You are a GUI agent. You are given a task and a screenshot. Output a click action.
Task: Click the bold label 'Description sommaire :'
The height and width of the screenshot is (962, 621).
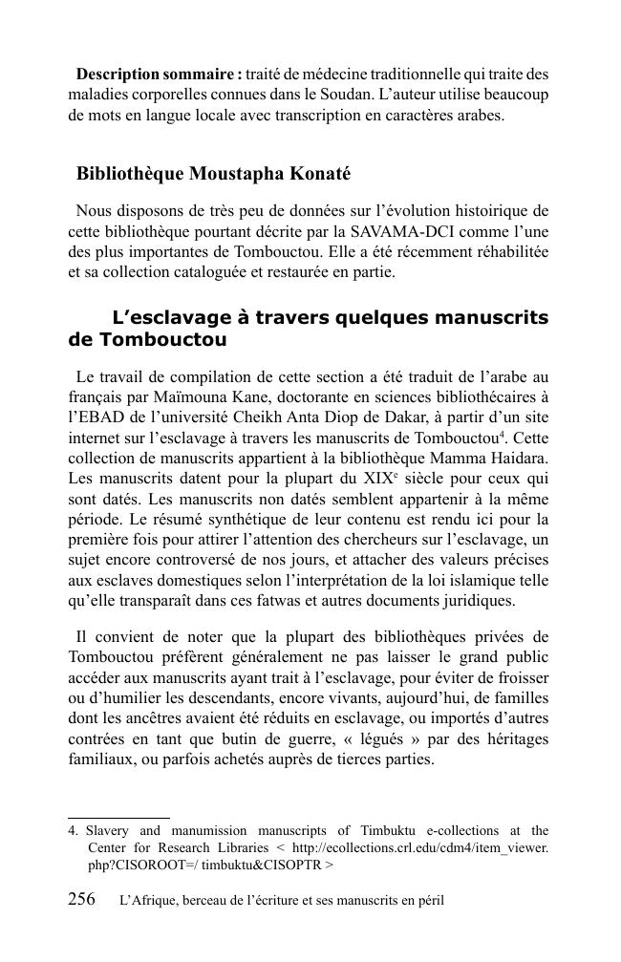[159, 74]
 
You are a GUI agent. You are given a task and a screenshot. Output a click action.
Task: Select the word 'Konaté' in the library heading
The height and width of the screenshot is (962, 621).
[318, 174]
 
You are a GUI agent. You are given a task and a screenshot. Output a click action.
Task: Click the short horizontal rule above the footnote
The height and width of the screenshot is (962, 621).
[118, 818]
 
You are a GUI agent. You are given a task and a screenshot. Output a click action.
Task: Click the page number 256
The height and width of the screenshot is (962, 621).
[82, 900]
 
